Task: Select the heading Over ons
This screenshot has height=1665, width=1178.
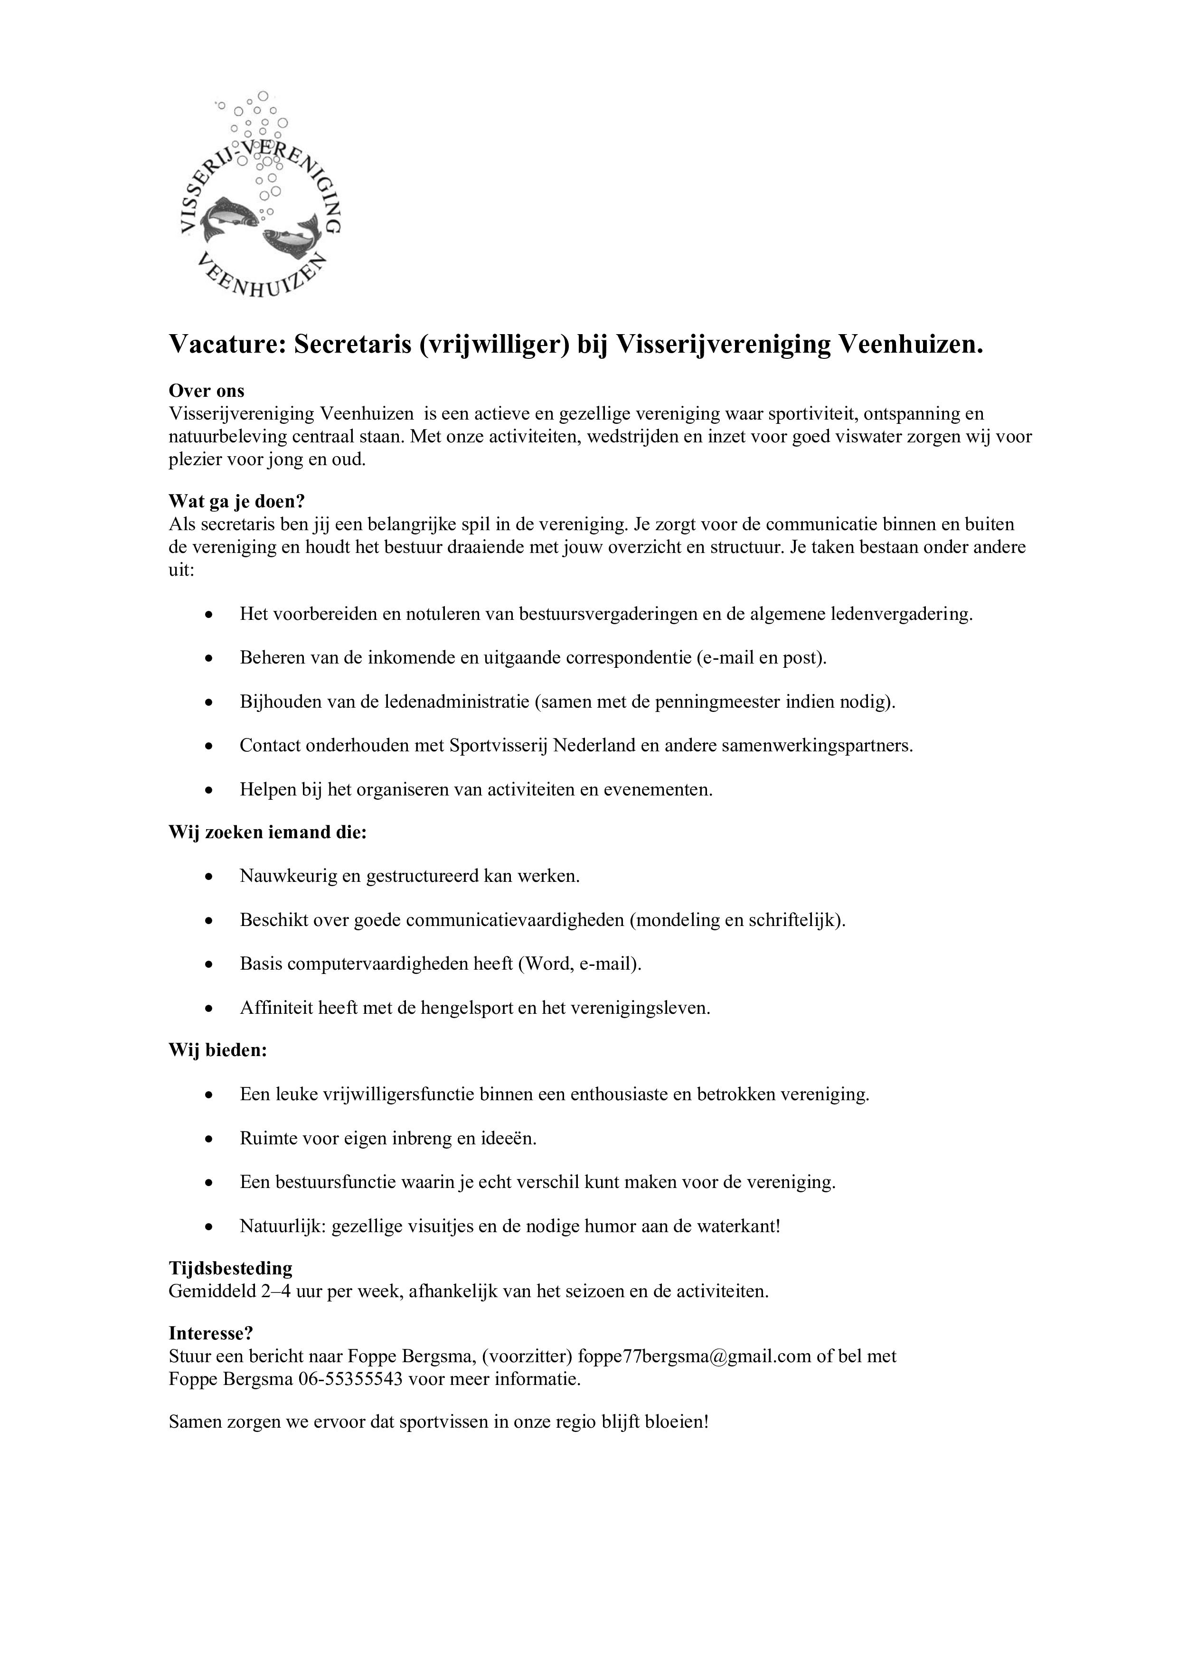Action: [x=207, y=391]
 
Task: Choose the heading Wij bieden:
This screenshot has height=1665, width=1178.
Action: [x=217, y=1050]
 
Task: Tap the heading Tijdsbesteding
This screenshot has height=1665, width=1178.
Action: [x=231, y=1268]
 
